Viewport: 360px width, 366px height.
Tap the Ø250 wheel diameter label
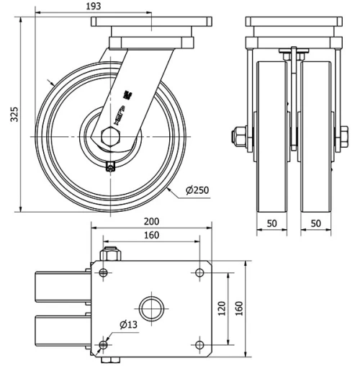[197, 190]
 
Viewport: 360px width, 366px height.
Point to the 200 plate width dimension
[151, 221]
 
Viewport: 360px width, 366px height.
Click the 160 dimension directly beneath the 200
[151, 235]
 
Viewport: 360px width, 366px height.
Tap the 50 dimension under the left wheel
[272, 224]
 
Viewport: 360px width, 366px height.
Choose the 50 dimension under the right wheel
[316, 224]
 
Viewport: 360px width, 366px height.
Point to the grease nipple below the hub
[109, 168]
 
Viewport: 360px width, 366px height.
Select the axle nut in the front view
[238, 136]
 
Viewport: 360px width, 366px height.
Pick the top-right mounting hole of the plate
[199, 272]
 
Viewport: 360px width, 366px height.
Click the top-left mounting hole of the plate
[104, 272]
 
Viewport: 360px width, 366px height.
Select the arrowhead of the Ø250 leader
[166, 186]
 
